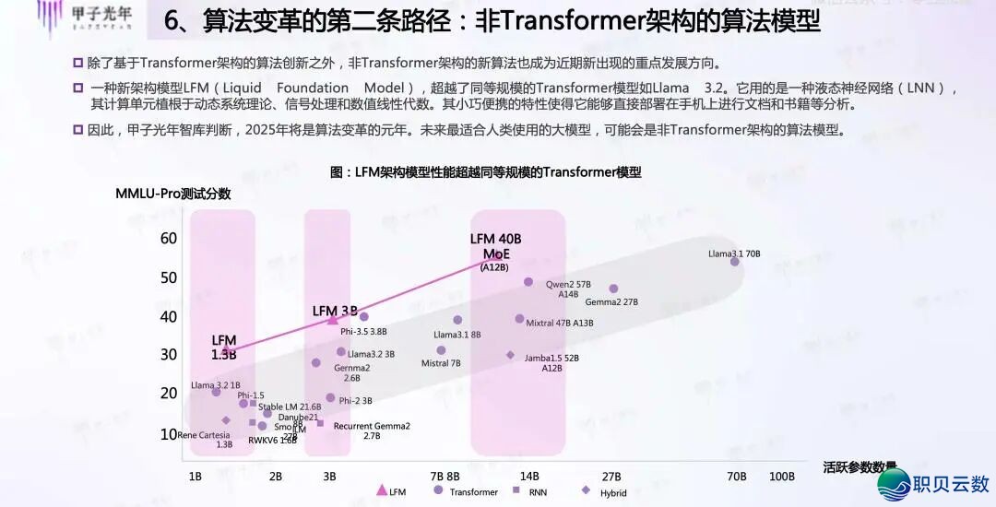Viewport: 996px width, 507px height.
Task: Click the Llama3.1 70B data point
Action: click(x=735, y=262)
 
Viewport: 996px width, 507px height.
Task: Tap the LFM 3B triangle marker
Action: click(x=333, y=319)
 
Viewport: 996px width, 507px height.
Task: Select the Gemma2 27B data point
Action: click(x=613, y=289)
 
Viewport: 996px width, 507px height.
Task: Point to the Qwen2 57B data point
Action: click(x=528, y=282)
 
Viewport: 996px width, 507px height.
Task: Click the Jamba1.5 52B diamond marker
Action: click(x=510, y=355)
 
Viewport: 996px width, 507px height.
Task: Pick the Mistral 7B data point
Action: click(x=441, y=350)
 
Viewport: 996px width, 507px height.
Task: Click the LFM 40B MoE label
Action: click(x=496, y=247)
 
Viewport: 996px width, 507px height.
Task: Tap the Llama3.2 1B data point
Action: click(x=217, y=392)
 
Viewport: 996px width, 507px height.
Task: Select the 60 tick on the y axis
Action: click(x=168, y=239)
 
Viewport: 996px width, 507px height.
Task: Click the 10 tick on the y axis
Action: click(x=168, y=433)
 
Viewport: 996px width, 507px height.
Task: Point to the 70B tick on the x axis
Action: click(x=737, y=477)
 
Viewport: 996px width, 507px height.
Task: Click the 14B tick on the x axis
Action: click(x=529, y=477)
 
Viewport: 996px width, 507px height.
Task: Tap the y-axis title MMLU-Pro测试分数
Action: click(x=172, y=194)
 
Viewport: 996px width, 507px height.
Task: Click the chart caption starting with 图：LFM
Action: click(x=485, y=172)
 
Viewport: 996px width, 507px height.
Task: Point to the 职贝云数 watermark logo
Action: click(x=933, y=483)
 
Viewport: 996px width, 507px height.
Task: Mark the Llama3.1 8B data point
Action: click(x=457, y=320)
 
